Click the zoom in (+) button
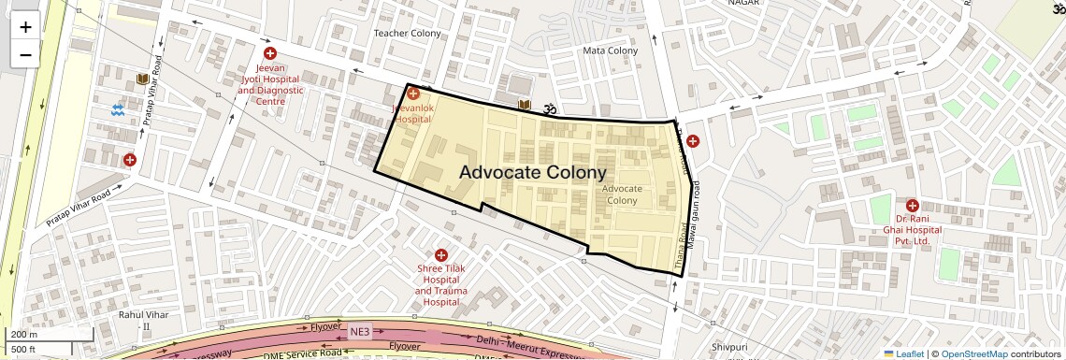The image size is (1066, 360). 25,27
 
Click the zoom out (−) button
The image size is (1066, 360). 25,54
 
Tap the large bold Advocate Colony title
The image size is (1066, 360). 533,173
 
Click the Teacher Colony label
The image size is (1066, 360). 407,33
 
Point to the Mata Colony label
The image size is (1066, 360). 610,50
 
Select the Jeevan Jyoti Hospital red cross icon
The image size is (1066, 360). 270,54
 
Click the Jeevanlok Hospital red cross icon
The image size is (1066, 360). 412,94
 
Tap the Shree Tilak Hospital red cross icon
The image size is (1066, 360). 440,254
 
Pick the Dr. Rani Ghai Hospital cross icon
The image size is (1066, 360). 911,205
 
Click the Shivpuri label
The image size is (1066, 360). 728,347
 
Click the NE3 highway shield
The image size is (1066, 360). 360,332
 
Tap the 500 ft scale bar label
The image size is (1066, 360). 24,350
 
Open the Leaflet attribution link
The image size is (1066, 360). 902,353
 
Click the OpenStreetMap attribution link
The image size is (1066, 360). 973,353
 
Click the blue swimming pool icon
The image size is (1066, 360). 118,110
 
